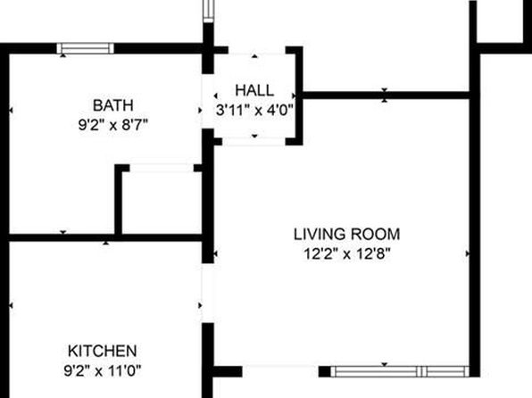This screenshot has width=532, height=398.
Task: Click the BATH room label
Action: (113, 105)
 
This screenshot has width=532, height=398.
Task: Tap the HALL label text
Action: (254, 91)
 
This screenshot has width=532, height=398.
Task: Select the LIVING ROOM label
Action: (346, 235)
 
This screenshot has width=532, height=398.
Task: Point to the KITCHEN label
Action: (102, 351)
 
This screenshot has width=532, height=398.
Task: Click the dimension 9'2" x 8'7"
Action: (113, 125)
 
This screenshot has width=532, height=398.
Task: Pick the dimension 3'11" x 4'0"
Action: (254, 110)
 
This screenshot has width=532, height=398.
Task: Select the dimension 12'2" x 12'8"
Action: (346, 253)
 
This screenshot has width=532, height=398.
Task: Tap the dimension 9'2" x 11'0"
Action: (102, 370)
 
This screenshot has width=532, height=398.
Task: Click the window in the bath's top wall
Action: (85, 48)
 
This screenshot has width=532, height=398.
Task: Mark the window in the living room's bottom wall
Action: (400, 371)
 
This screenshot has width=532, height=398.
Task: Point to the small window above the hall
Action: (208, 12)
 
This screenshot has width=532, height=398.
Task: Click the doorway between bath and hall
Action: (208, 101)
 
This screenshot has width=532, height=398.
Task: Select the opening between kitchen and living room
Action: (208, 294)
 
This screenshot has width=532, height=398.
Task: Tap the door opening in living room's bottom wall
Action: (280, 371)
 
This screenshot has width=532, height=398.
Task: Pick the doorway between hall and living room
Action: (254, 142)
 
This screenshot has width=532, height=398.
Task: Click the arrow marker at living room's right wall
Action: (468, 253)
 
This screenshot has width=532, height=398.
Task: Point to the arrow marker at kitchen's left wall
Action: (11, 306)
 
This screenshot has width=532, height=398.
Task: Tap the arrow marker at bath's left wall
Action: (11, 111)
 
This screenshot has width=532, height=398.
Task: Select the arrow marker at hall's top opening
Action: (254, 56)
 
